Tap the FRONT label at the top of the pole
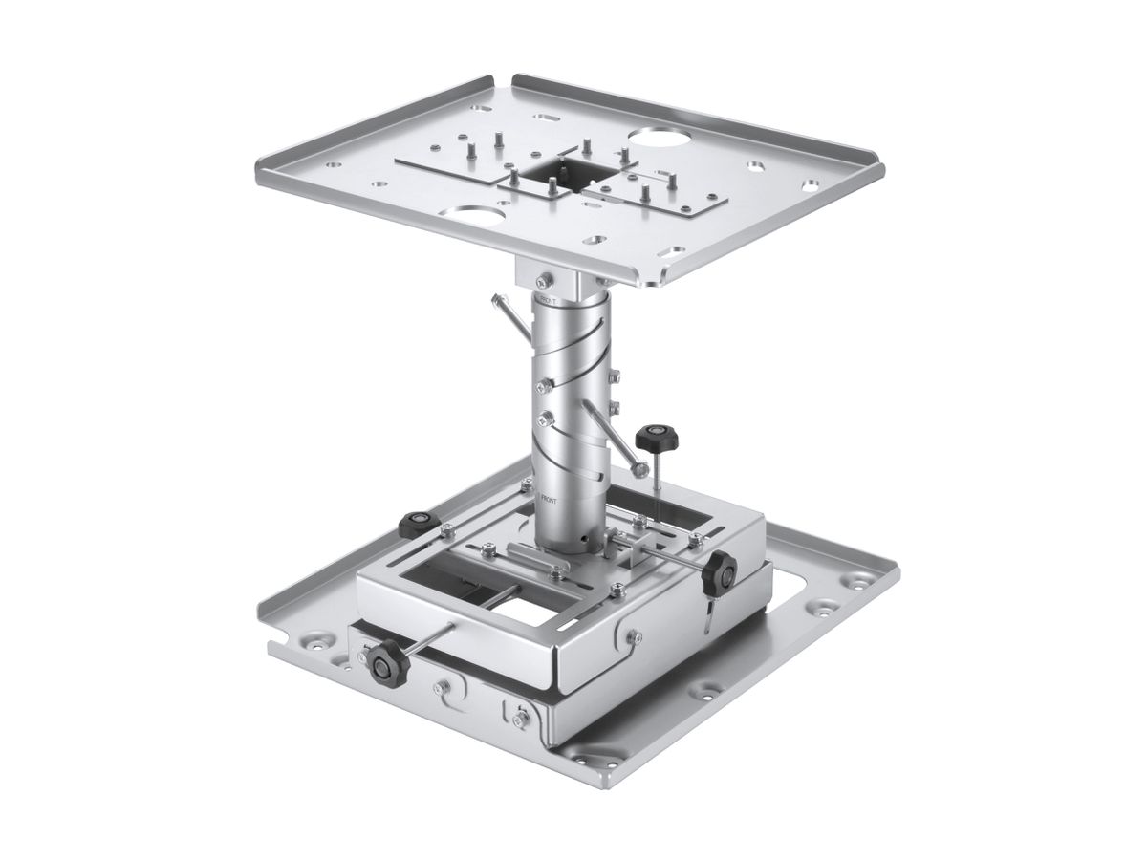coord(549,299)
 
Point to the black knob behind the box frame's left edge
coord(417,523)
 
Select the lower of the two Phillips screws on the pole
coord(547,417)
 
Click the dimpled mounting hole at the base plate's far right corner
coord(867,576)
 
